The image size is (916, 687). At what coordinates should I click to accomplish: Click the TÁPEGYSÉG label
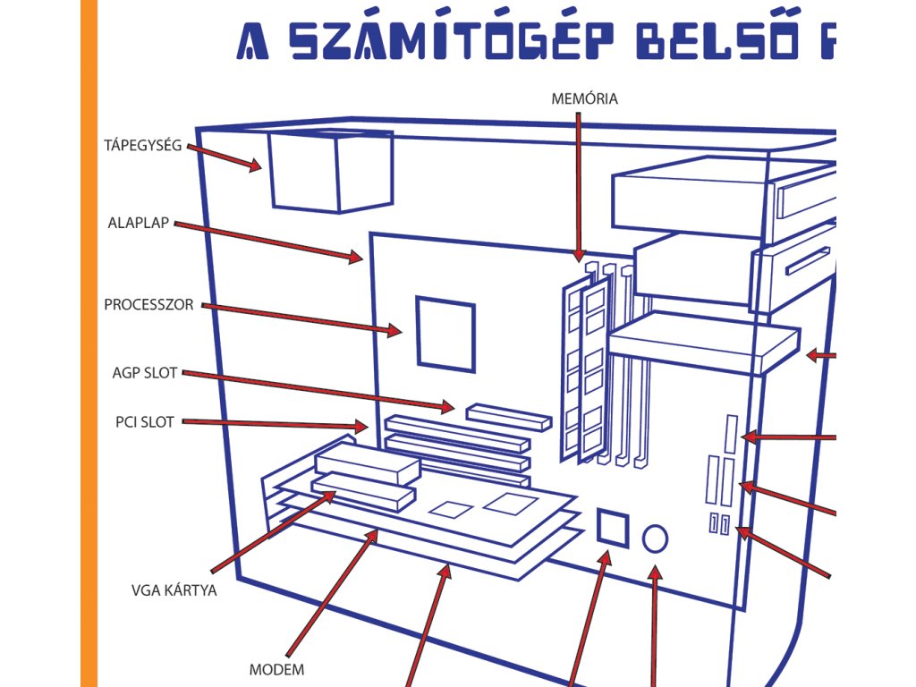click(x=143, y=144)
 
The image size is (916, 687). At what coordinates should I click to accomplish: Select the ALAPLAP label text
click(x=139, y=224)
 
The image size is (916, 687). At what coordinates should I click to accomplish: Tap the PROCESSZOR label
click(x=148, y=304)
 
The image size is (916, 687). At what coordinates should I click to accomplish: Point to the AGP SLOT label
click(x=145, y=372)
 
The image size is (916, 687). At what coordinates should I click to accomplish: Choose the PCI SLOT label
click(x=145, y=422)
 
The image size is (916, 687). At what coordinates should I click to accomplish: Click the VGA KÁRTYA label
click(x=174, y=590)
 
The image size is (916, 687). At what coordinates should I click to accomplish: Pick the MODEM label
click(x=276, y=669)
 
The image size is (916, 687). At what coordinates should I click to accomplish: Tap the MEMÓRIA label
click(x=585, y=98)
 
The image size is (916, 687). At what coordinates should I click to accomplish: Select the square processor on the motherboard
click(x=445, y=333)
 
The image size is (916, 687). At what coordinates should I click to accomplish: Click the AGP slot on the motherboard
click(x=506, y=416)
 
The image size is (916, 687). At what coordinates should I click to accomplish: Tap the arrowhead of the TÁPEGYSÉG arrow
click(x=254, y=165)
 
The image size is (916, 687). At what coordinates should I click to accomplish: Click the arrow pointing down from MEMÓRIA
click(x=579, y=188)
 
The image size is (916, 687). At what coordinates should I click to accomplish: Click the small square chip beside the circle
click(x=613, y=526)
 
